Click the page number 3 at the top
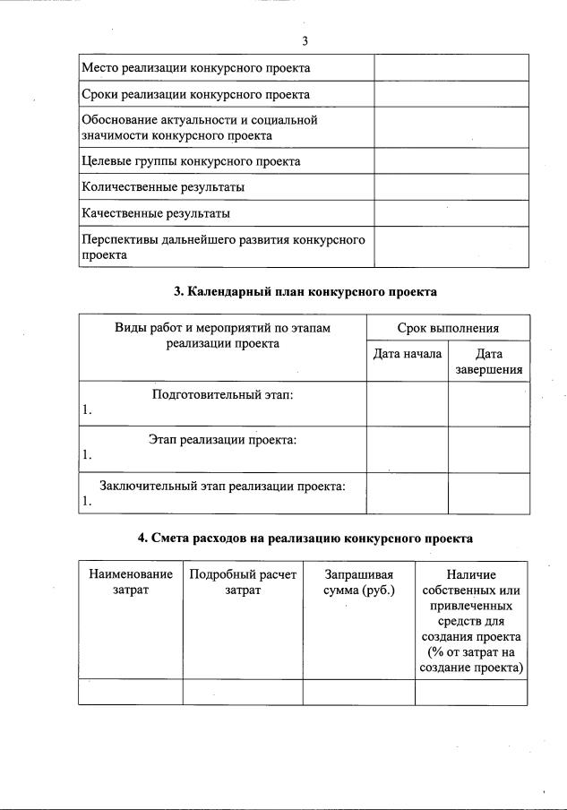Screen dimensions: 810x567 305,41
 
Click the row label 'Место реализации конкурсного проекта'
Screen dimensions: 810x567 195,68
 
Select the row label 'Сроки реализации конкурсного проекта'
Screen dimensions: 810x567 195,95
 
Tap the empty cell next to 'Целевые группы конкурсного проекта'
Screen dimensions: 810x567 451,161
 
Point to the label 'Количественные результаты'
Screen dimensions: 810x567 163,187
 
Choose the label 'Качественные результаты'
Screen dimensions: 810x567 156,213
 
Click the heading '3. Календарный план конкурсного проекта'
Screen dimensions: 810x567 305,291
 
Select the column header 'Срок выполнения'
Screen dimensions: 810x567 448,328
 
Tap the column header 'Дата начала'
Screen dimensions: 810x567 408,354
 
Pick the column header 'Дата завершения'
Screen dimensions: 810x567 488,362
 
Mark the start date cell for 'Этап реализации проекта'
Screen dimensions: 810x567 408,448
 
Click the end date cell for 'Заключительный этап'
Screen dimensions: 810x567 488,494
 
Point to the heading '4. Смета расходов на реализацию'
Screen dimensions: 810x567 305,539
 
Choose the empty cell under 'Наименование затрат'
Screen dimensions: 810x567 131,693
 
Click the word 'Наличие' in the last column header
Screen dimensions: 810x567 471,574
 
